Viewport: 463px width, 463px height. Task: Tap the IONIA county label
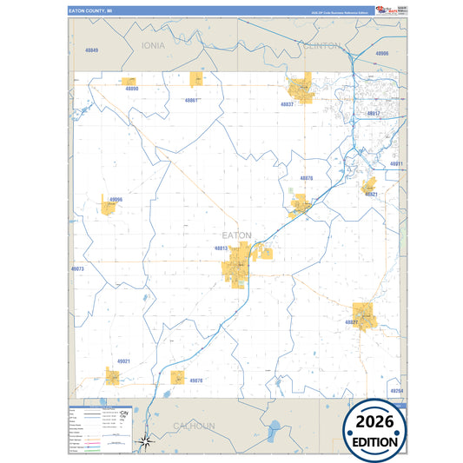coord(153,44)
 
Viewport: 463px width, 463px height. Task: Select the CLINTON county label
coord(322,46)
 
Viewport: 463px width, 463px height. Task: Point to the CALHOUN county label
coord(193,426)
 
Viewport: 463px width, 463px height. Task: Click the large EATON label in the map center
coord(236,235)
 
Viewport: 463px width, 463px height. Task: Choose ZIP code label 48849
coord(92,50)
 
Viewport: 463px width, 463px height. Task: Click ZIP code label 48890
coord(131,89)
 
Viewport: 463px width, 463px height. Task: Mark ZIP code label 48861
coord(192,100)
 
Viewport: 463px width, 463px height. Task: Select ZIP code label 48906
coord(381,53)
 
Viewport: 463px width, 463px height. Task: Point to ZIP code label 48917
coord(374,114)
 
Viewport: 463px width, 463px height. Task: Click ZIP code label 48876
coord(306,178)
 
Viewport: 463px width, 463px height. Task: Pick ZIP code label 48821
coord(371,195)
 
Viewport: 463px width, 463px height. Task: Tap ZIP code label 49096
coord(116,199)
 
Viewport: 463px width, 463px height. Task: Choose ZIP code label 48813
coord(221,248)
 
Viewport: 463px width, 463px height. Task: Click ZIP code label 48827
coord(352,322)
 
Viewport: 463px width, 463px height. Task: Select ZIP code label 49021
coord(123,361)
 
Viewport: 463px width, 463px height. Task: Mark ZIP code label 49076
coord(195,380)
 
